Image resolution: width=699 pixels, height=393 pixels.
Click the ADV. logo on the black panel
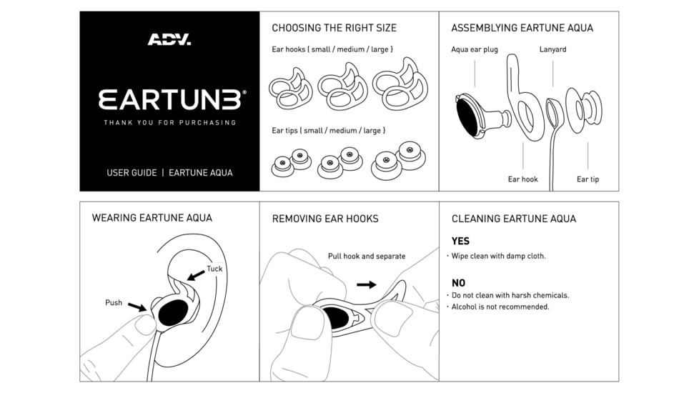coord(169,40)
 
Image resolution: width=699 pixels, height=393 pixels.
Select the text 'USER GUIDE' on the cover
coord(132,172)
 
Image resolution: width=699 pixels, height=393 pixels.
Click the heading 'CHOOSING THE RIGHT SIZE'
coord(334,28)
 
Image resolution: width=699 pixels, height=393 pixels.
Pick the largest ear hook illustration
coord(400,86)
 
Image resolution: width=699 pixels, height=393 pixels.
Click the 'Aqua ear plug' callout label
coord(474,49)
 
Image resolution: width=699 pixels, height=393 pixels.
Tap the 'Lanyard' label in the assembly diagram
coord(552,49)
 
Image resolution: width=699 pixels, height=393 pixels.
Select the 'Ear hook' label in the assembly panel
coord(522,179)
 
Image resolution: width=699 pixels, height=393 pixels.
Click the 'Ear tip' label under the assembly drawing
coord(588,179)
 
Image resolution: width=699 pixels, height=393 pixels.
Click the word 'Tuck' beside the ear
coord(214,269)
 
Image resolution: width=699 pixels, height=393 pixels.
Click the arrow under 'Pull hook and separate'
coord(366,284)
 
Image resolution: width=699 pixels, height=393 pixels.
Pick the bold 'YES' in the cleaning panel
coord(460,242)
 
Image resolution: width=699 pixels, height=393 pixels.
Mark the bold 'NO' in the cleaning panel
coord(458,283)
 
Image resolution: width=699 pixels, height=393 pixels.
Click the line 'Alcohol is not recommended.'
coord(500,307)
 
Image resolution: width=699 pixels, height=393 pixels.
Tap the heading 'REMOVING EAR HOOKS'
coord(325,219)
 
